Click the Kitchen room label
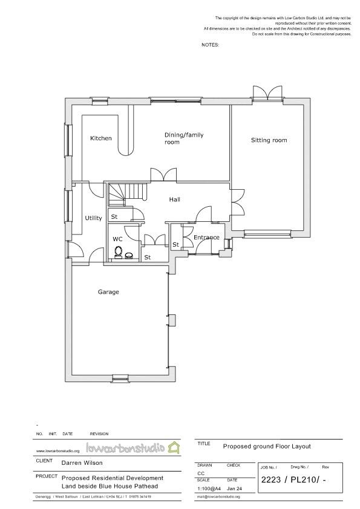tap(101, 138)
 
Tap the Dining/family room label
tap(181, 138)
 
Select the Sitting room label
tap(269, 140)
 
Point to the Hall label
tap(174, 199)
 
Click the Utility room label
tap(93, 218)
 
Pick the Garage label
tap(108, 292)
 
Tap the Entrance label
tap(206, 238)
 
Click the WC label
tap(117, 239)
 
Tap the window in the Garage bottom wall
tap(120, 377)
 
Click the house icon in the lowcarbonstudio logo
tap(174, 448)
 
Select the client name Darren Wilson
tap(82, 464)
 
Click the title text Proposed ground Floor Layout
tap(267, 446)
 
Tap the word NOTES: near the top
tap(210, 45)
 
